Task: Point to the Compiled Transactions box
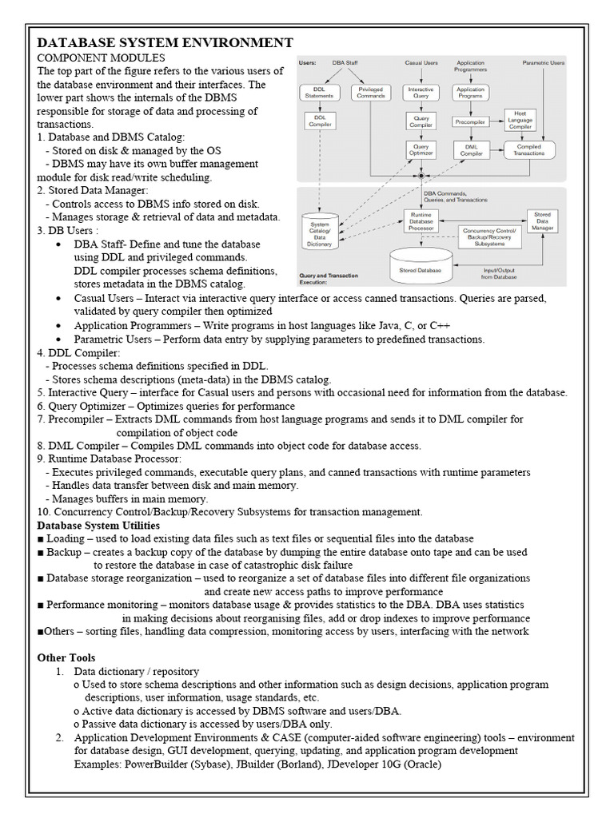click(528, 149)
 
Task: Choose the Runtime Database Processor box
click(421, 222)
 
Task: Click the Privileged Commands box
click(370, 93)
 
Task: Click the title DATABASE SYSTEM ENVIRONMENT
click(165, 43)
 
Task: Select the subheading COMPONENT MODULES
click(102, 58)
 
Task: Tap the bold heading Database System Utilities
click(98, 525)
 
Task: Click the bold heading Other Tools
click(66, 657)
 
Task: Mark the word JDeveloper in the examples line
click(354, 764)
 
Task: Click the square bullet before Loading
click(41, 539)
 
